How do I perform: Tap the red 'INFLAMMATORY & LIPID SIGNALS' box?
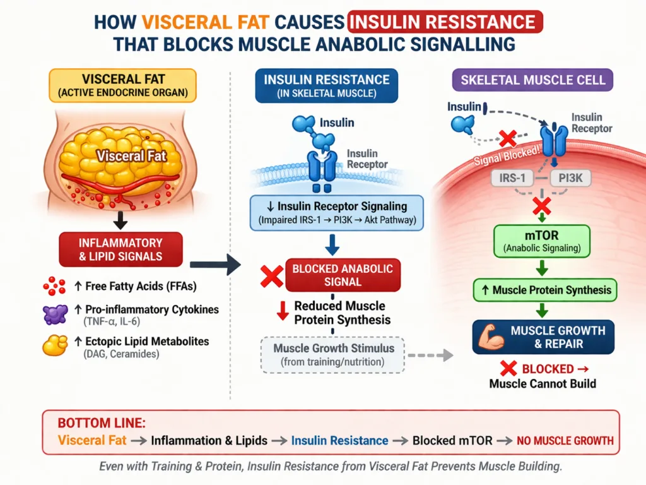point(120,250)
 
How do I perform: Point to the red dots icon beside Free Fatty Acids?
point(54,286)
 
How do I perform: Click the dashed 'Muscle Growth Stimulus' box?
point(334,354)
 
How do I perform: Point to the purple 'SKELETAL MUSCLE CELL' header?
point(532,81)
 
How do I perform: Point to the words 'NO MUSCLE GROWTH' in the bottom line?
point(565,441)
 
